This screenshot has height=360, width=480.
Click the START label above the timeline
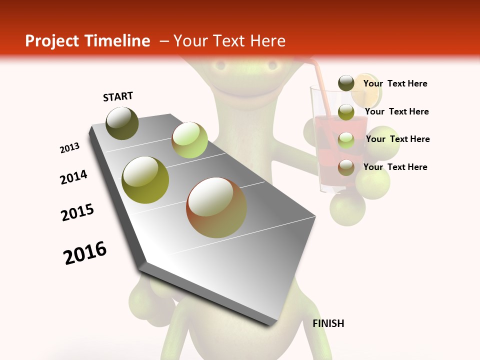point(118,96)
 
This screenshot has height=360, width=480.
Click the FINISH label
point(328,323)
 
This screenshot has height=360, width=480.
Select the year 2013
point(69,148)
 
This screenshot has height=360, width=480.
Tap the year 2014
point(73,177)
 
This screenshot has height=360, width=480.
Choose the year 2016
point(85,253)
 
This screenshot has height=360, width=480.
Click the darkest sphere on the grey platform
point(122,123)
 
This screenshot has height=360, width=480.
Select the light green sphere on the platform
point(189,139)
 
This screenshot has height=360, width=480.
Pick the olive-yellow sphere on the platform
point(145,179)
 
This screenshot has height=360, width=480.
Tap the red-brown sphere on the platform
point(216,207)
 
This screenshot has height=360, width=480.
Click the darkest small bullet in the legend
point(346,83)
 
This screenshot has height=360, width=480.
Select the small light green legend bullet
point(346,140)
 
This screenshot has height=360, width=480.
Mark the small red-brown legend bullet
point(346,167)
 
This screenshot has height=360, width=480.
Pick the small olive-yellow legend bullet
point(346,112)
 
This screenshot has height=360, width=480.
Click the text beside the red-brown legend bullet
point(395,167)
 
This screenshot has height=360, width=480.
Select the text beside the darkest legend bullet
point(395,83)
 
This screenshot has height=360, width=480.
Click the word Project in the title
point(53,41)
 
